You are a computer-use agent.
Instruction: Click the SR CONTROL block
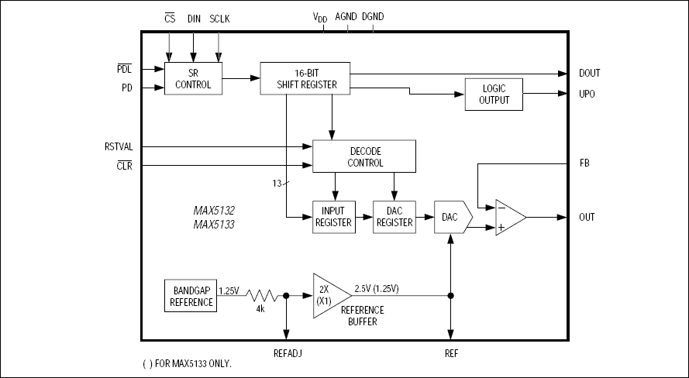[193, 78]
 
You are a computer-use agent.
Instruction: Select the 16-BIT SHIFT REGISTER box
[304, 78]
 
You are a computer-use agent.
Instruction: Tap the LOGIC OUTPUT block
[493, 94]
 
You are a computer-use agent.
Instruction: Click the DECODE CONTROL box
[364, 156]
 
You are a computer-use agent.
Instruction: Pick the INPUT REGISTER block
[333, 217]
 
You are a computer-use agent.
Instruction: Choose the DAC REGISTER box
[394, 217]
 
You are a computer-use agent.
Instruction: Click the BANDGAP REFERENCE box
[191, 296]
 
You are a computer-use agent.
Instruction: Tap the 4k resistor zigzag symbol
[261, 296]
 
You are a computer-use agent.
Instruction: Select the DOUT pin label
[589, 74]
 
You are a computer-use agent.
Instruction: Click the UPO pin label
[587, 94]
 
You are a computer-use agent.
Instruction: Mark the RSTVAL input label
[119, 146]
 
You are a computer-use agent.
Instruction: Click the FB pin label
[584, 164]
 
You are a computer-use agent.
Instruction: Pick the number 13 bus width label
[274, 183]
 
